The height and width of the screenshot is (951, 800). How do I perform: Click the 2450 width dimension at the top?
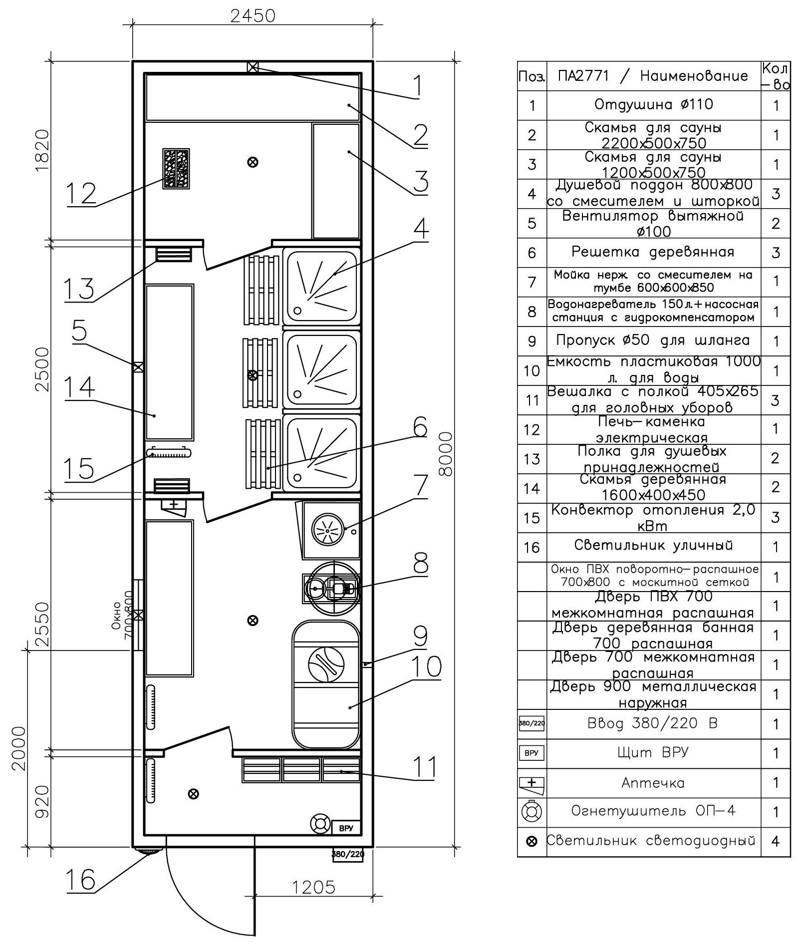pos(253,16)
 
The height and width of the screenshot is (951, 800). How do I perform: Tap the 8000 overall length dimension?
pos(445,454)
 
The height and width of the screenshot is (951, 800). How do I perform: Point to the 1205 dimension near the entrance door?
pos(313,887)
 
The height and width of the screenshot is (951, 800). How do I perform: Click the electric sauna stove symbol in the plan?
pos(176,168)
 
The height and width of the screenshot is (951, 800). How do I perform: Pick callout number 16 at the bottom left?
pos(81,880)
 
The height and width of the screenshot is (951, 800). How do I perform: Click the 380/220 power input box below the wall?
pos(348,854)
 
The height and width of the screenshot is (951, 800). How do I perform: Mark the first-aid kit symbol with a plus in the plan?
pos(173,506)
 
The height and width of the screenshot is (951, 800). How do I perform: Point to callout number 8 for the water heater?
pos(421,564)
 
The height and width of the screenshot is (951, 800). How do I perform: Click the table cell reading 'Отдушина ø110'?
pos(654,105)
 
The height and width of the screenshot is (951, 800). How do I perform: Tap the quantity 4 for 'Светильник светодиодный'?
pos(776,841)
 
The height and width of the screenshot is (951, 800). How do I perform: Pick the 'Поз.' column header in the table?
pos(532,76)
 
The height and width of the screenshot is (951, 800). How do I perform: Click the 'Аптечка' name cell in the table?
pos(654,783)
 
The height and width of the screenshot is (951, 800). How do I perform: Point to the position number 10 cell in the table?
pos(532,370)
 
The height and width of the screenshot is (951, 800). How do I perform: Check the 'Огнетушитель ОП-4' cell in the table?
pos(654,811)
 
